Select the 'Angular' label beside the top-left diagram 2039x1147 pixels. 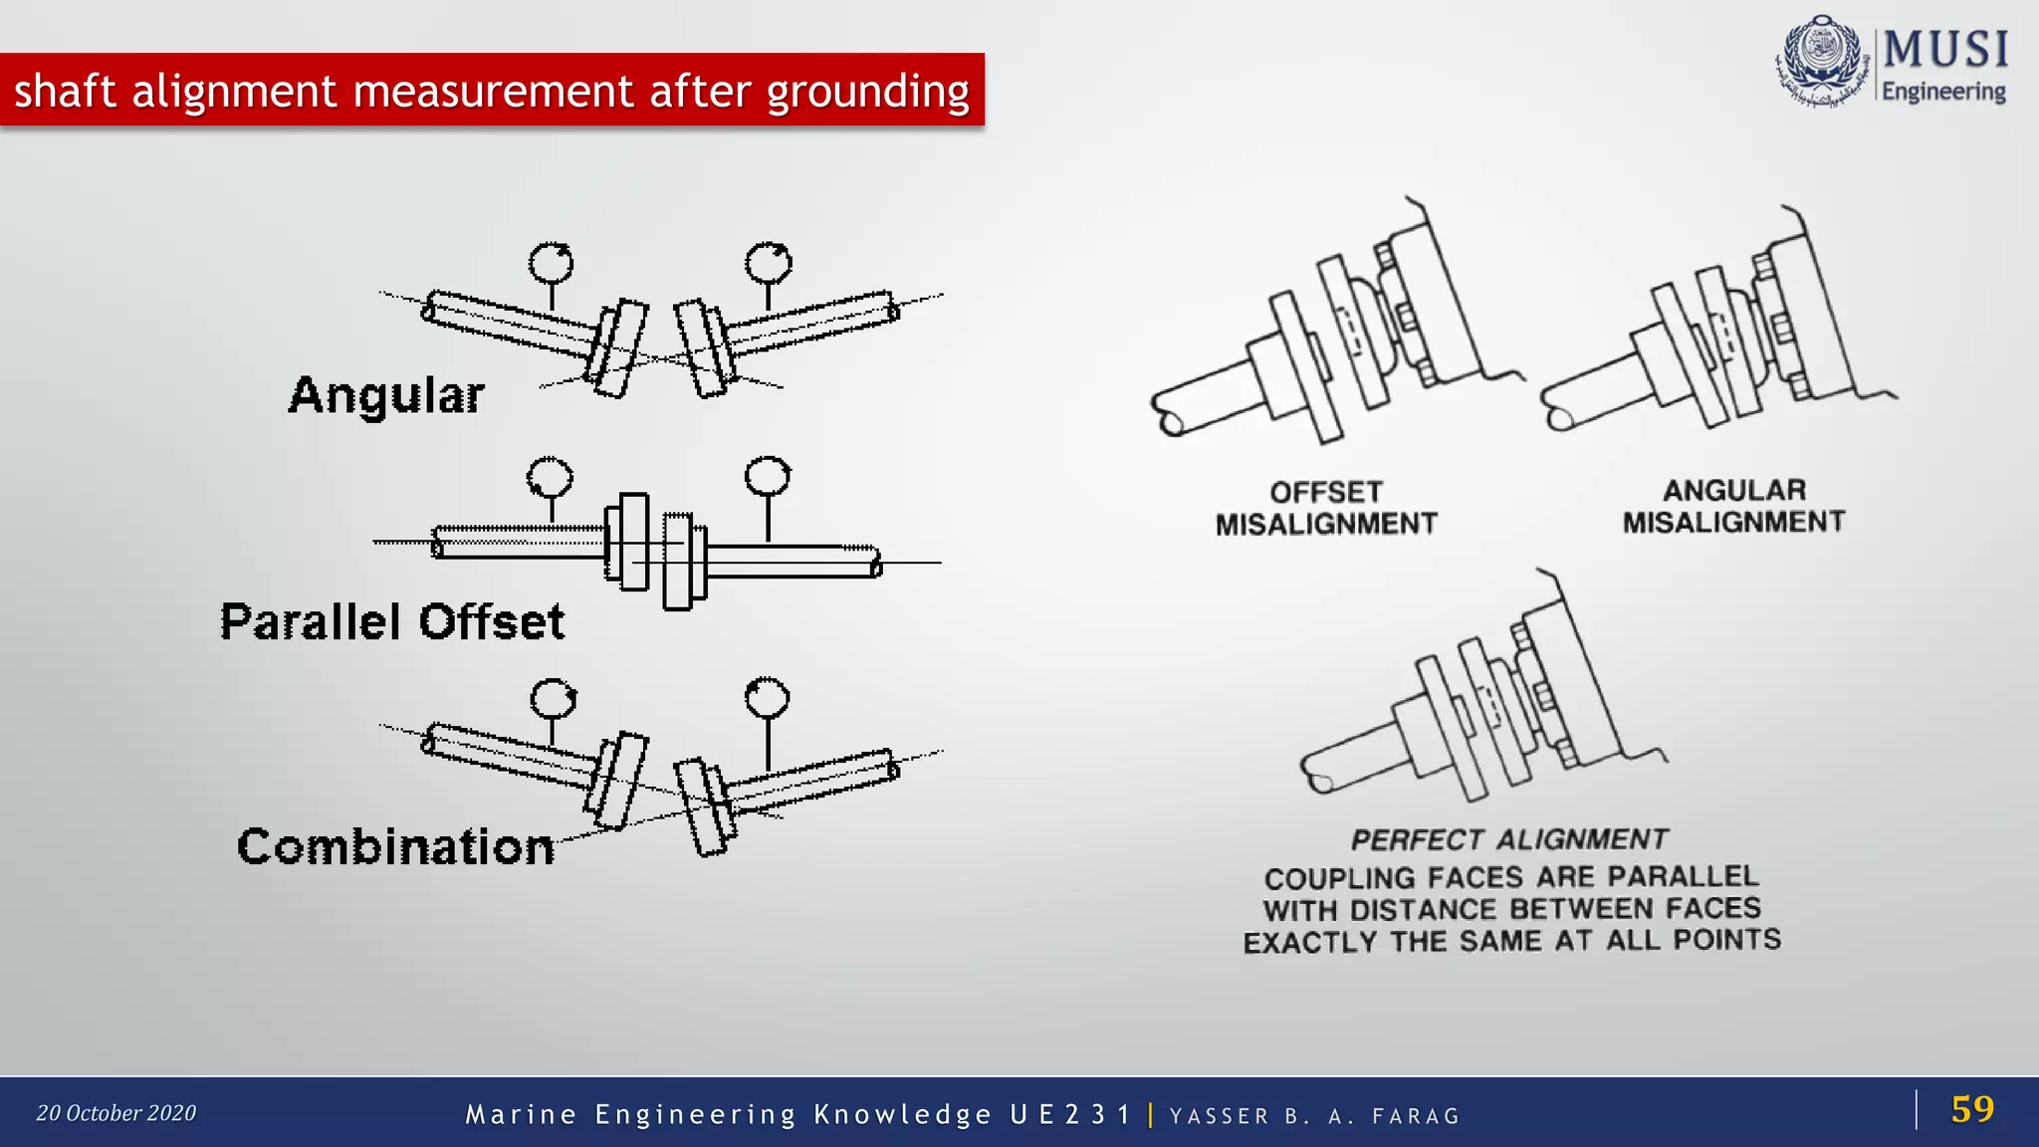click(x=386, y=395)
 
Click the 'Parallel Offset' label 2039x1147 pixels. click(x=392, y=622)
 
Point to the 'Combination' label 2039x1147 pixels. click(x=395, y=847)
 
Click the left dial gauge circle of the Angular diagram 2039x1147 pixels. click(x=551, y=264)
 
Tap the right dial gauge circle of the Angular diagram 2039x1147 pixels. click(x=768, y=264)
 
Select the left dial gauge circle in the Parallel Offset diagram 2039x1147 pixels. click(x=550, y=478)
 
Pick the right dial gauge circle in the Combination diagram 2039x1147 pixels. click(x=767, y=698)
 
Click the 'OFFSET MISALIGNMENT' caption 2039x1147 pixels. click(x=1326, y=508)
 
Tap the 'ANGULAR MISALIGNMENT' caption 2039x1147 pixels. click(x=1733, y=506)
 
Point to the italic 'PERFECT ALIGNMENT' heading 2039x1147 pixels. click(x=1509, y=840)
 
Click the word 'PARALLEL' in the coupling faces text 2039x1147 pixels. click(x=1683, y=876)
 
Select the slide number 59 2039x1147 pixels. click(x=1972, y=1109)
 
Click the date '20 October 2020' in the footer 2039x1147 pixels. click(x=116, y=1113)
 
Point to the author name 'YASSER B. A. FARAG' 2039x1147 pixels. click(x=1314, y=1116)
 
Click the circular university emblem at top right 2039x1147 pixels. click(x=1822, y=60)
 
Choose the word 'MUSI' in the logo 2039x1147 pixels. click(x=1945, y=50)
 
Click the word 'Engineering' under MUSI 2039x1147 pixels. click(x=1943, y=92)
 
